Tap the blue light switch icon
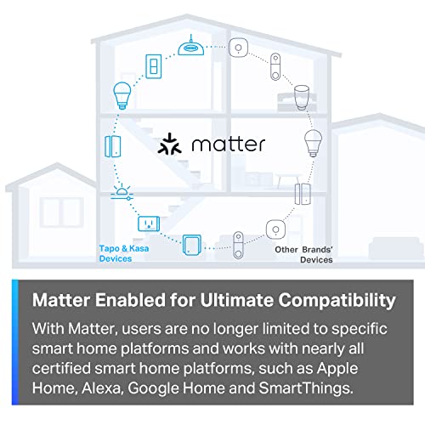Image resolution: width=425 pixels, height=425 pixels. coord(156,68)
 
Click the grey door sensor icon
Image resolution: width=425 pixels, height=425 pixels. coord(303,195)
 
